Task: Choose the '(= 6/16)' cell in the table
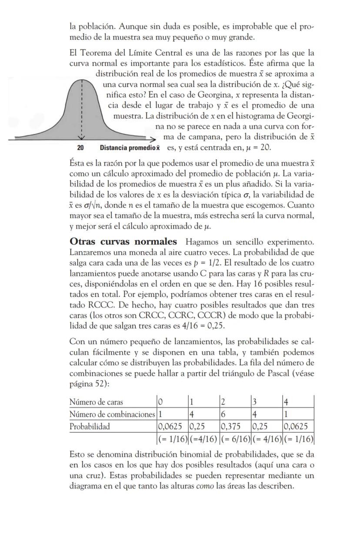235,437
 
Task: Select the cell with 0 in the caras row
160,402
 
